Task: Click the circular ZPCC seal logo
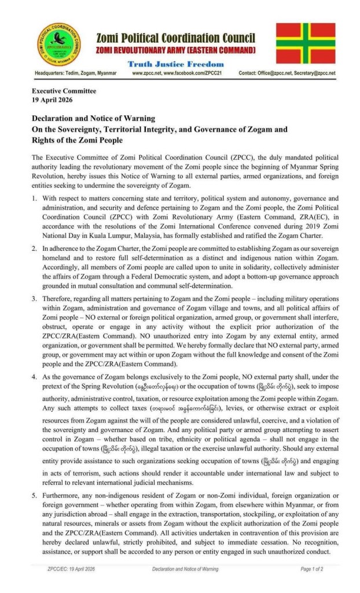click(58, 45)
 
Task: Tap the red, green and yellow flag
click(305, 43)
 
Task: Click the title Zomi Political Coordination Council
click(175, 38)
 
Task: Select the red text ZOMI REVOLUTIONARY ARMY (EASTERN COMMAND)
click(175, 51)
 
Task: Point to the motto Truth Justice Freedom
click(175, 64)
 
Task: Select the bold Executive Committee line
click(64, 91)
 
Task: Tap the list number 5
click(35, 496)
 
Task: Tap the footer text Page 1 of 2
click(312, 569)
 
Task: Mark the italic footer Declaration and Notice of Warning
click(185, 569)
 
